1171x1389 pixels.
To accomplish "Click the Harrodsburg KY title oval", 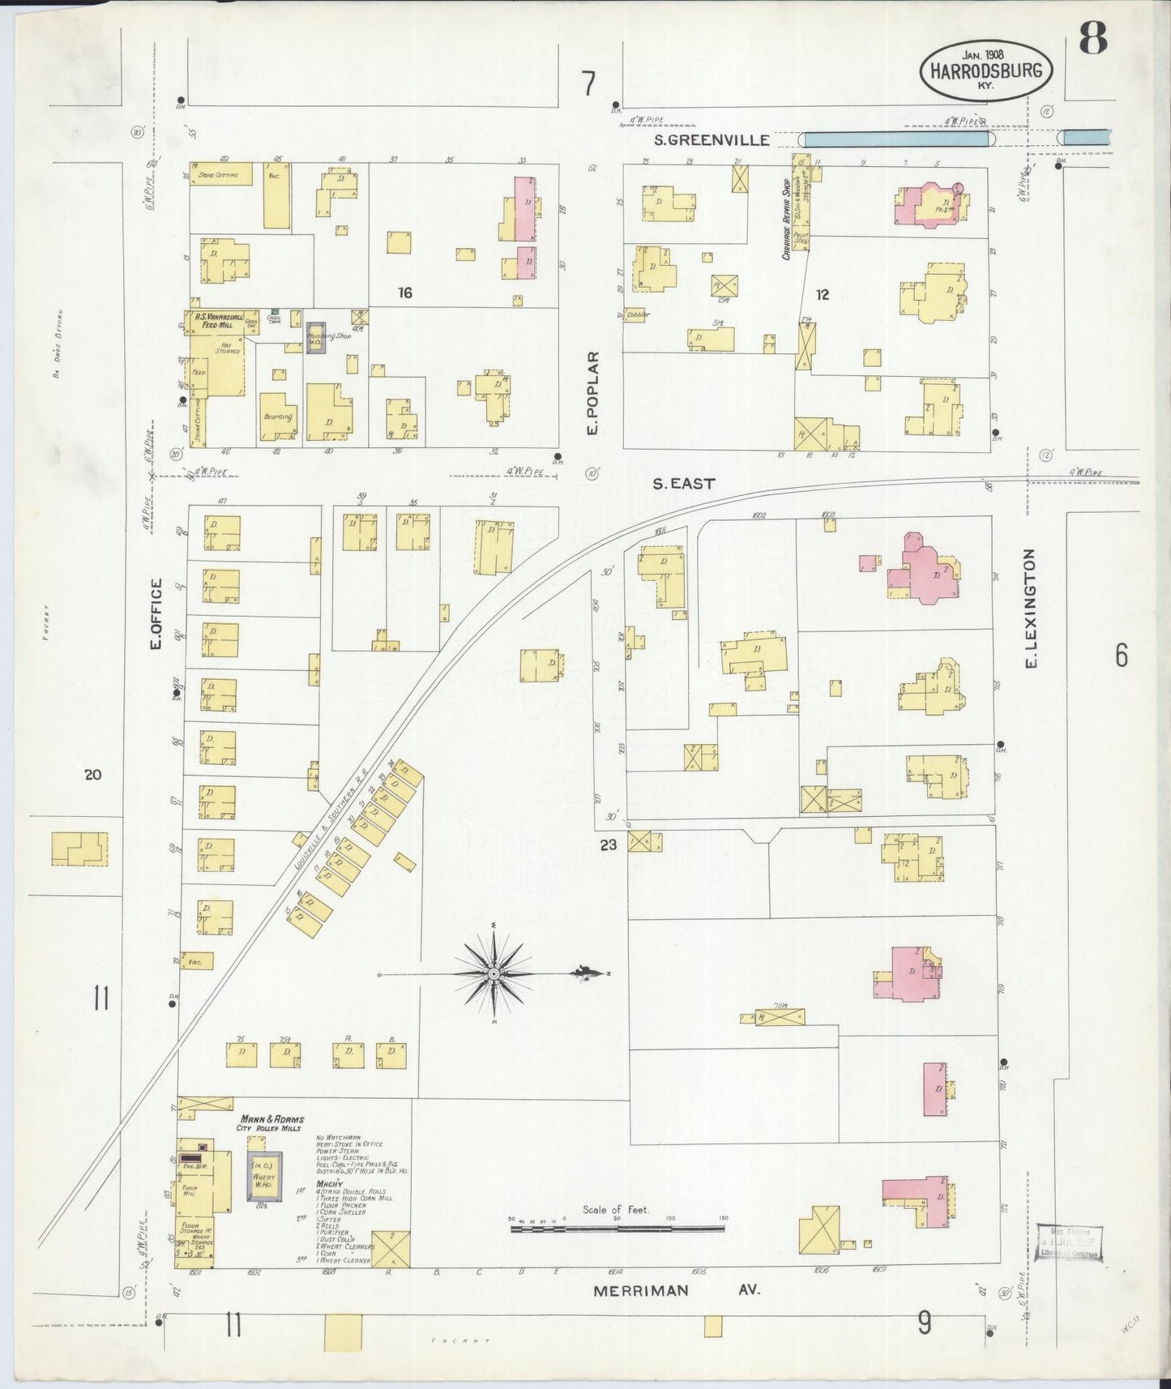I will (985, 71).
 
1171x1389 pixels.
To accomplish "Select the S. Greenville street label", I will (712, 140).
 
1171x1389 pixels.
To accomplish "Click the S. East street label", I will (684, 484).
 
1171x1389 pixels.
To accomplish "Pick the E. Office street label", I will (156, 614).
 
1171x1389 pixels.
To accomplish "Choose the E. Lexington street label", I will (1032, 609).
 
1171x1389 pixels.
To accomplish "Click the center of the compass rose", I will (494, 972).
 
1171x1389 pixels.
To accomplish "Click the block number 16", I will (404, 293).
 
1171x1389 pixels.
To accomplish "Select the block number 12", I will (823, 295).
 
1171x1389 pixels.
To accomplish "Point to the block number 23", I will (609, 844).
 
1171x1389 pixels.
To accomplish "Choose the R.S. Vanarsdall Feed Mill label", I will (215, 319).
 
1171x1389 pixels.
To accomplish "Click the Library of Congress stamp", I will (1070, 1242).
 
